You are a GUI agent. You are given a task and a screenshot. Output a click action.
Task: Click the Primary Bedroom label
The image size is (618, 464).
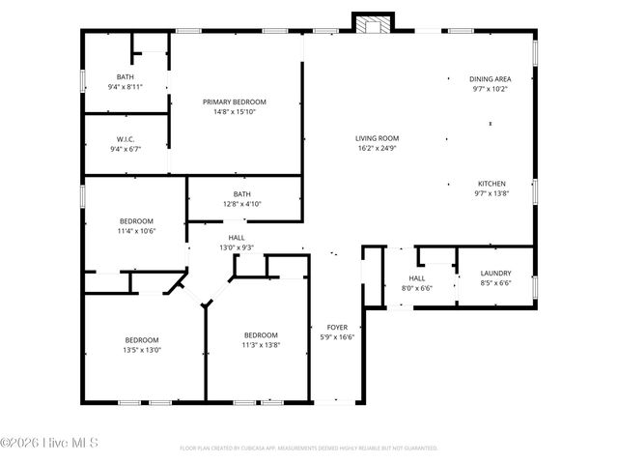[234, 101]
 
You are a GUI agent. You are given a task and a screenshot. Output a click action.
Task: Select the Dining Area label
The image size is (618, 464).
[490, 78]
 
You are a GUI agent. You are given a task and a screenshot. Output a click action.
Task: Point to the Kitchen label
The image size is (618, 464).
[492, 184]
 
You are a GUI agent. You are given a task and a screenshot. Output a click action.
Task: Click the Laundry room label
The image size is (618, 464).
[495, 274]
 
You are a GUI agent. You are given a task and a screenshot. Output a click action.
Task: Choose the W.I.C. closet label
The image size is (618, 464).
[126, 139]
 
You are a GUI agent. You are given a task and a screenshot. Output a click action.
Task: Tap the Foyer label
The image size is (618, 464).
[337, 327]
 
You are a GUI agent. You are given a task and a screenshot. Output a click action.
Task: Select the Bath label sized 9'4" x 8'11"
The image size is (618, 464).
[126, 77]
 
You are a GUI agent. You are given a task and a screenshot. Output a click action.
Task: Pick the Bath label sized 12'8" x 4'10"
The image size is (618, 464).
[241, 193]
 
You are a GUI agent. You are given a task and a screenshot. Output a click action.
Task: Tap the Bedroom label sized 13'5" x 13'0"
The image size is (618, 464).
[142, 339]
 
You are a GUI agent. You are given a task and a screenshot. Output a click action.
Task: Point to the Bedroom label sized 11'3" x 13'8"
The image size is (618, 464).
[261, 334]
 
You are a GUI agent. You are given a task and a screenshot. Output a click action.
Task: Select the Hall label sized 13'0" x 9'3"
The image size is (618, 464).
[237, 237]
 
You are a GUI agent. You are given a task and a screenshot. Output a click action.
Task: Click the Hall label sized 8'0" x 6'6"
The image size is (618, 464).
[416, 277]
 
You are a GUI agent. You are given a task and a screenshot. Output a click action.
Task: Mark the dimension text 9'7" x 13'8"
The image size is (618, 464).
[492, 194]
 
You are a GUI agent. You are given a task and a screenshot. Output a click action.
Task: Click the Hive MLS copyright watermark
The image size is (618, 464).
[50, 444]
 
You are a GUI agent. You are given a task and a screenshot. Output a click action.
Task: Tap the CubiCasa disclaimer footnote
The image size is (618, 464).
[309, 449]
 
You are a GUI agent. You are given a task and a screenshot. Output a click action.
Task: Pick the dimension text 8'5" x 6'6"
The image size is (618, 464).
[495, 283]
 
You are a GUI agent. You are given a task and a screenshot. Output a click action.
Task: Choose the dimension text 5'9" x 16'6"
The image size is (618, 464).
[337, 337]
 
